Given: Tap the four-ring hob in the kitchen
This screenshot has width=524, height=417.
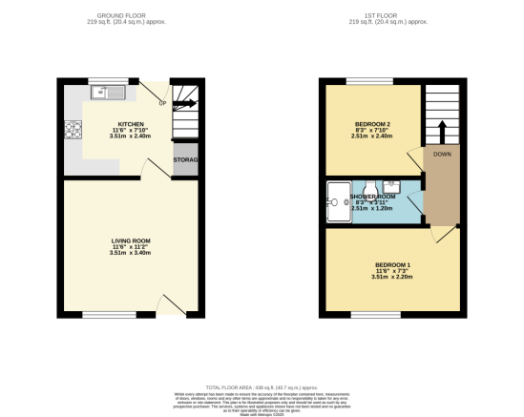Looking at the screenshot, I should coord(71,131).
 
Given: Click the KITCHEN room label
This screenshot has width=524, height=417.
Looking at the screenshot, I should coord(131,124).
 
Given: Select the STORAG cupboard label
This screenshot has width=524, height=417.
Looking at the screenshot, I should coord(185,159).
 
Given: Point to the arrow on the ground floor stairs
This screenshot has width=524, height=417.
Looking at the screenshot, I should coord(183,103).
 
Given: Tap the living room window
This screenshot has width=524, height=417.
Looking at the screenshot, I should coord(101,313).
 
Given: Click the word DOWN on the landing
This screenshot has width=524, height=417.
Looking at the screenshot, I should coord(442,154).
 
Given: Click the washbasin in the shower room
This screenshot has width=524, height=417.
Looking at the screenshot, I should coord(391,186).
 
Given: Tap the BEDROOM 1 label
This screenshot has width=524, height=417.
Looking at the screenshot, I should coord(392,264).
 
